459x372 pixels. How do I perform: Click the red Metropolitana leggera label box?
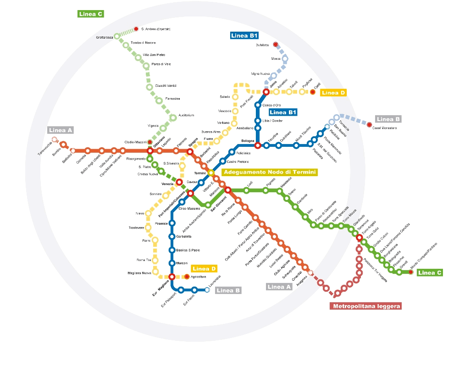pos(366,306)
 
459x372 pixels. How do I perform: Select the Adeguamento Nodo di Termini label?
pos(269,172)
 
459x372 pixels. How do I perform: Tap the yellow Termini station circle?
pos(211,173)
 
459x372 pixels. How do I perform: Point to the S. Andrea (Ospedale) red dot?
pos(136,29)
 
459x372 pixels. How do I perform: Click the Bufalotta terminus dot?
pos(276,44)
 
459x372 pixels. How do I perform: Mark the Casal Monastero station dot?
pos(370,124)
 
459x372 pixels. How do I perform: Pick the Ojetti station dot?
pos(313,92)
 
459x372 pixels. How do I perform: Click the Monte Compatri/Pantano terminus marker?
pos(411,272)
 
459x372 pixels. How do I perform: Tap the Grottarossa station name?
pos(105,37)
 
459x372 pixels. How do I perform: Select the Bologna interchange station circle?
pos(258,145)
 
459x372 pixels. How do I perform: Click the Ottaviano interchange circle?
pos(150,151)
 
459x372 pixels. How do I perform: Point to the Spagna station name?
pos(193,142)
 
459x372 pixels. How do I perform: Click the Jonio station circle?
pos(265,91)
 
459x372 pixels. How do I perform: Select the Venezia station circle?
pos(179,183)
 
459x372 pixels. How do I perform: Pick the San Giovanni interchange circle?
pos(227,190)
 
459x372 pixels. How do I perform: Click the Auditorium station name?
pos(186,115)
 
